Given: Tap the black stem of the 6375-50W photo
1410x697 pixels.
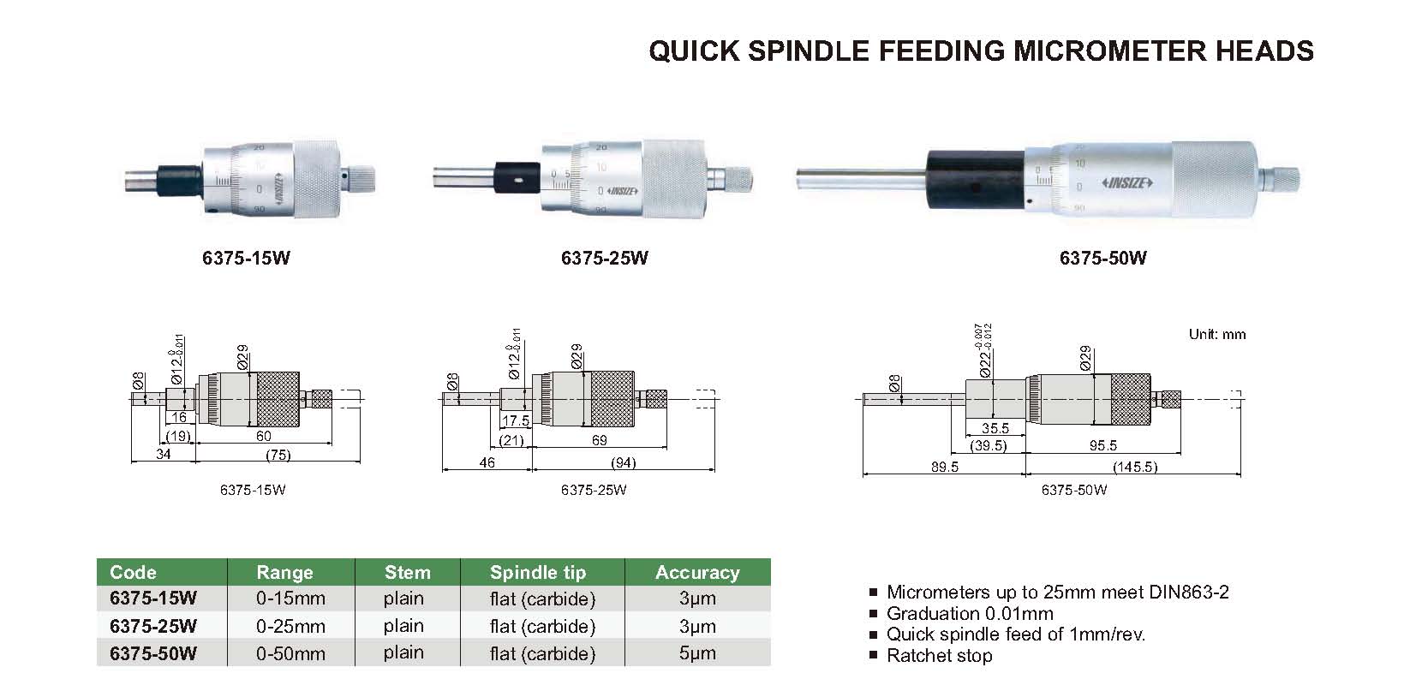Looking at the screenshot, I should point(975,178).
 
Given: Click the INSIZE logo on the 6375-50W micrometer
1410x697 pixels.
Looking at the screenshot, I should point(1127,182).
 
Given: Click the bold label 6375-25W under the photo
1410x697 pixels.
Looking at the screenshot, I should point(604,258).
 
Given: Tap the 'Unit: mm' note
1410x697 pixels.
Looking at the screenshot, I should point(1216,335).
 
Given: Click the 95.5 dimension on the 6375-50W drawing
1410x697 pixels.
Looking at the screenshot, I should point(1102,445).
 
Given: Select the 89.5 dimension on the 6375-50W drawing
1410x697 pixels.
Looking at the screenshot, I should point(944,467).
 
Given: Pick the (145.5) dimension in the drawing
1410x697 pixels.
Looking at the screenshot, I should point(1134,467).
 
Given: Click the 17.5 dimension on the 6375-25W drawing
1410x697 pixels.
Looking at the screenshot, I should point(515,421).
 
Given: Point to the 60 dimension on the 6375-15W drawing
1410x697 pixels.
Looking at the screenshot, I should point(264,437).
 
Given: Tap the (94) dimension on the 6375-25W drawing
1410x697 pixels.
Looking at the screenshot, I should point(623,462).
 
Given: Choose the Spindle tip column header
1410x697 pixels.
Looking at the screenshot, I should point(537,572).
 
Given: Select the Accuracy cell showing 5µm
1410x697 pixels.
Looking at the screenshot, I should point(696,653).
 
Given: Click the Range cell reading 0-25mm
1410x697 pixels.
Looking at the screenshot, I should point(290,626).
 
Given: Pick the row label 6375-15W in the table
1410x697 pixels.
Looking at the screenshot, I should point(153,599).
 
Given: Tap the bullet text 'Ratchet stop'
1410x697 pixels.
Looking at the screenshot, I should point(939,656).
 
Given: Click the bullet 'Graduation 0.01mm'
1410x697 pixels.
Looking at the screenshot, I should point(969,613).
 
